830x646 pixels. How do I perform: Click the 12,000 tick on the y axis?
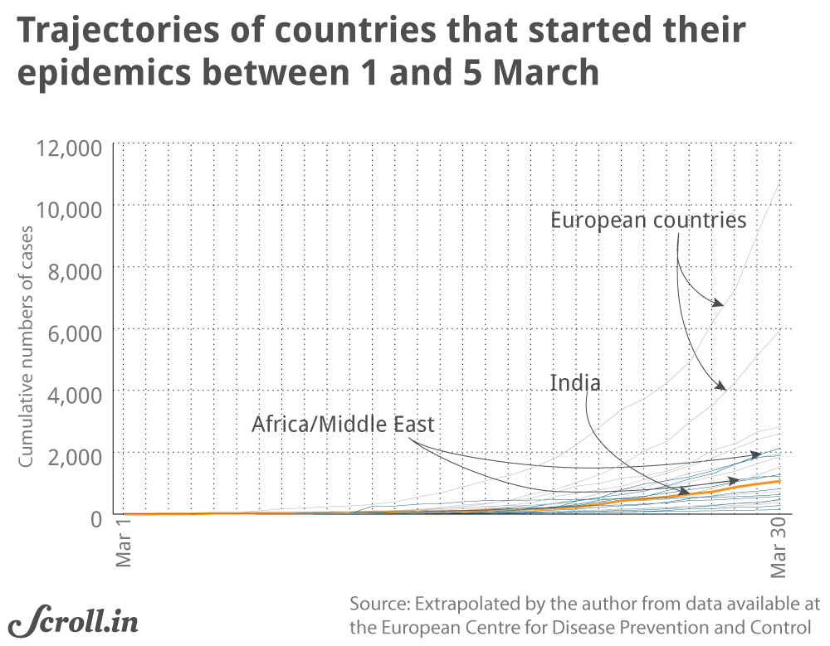pos(71,148)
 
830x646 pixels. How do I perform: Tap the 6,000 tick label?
pos(77,332)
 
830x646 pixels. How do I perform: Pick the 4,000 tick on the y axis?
pos(77,393)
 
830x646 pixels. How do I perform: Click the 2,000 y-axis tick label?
pos(77,454)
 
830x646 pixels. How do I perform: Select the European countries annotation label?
pos(648,221)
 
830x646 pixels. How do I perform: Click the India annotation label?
pos(574,383)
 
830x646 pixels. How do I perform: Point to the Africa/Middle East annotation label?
pos(343,425)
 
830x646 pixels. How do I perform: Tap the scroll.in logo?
pos(74,620)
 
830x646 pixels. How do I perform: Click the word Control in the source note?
pos(781,628)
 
